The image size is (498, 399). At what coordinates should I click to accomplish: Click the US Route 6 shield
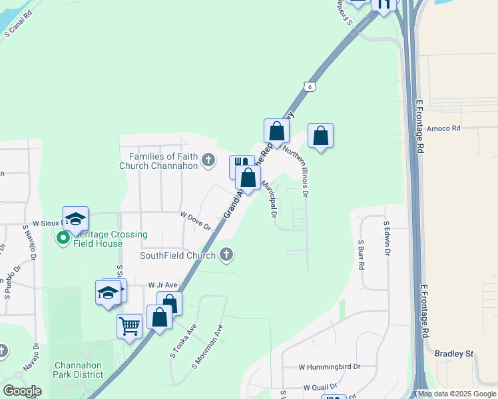308,86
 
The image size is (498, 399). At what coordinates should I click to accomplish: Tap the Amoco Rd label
444,128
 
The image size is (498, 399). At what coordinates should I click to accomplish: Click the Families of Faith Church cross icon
209,160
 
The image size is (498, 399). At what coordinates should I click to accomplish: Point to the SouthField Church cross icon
226,255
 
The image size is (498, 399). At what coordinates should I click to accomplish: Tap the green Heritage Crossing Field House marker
64,237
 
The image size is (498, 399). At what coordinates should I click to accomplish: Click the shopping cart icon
129,327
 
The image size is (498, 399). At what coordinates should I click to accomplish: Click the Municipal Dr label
269,199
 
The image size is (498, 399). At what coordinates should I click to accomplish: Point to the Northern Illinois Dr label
297,171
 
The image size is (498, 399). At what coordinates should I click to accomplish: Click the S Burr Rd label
361,254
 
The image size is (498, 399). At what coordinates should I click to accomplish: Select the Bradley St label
453,354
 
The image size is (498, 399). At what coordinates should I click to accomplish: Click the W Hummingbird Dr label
329,366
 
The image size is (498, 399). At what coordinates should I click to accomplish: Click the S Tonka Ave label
183,340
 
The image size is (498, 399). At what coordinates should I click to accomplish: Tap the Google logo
23,391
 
